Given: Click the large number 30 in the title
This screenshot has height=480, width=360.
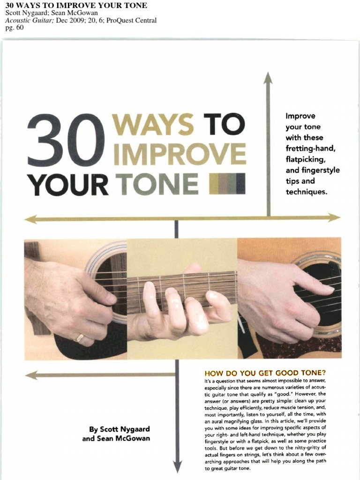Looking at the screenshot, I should tap(66, 140).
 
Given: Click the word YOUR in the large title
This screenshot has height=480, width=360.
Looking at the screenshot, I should tap(67, 185).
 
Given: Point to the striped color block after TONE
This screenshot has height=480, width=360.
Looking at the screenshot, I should tap(227, 184).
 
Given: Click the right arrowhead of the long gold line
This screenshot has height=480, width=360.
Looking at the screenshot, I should tap(334, 217).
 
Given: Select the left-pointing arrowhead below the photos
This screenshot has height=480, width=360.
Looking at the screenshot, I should tap(31, 375).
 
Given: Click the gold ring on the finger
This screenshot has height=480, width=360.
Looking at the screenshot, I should tap(80, 337).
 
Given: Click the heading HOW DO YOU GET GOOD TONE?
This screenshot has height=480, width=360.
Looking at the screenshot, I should tap(265, 374).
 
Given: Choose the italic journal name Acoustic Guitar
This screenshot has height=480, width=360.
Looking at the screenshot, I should tap(29, 20).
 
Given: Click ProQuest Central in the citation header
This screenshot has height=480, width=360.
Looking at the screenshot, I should tap(131, 20).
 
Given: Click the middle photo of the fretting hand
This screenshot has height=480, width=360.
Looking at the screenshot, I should tap(182, 299).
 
